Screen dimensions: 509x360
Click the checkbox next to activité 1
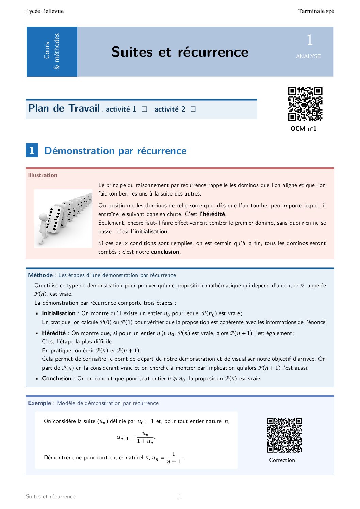tap(144, 109)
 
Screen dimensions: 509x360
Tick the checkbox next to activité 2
tap(193, 109)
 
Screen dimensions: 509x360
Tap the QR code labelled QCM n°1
tap(305, 104)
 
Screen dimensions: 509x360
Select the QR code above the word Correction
tap(284, 435)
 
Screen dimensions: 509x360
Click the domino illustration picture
tap(63, 218)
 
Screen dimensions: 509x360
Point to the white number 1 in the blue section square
tap(32, 150)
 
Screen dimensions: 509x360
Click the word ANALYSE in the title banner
tap(308, 56)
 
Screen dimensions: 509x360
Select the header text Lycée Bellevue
tap(45, 11)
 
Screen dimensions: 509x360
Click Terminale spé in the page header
tap(316, 11)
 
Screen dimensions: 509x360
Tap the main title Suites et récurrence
tap(180, 52)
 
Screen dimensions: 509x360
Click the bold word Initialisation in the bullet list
tap(59, 313)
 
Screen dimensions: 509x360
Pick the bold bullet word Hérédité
tap(54, 333)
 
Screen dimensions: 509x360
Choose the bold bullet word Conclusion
tap(56, 378)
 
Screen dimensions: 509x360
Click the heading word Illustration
tap(43, 175)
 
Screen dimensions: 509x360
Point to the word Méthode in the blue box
tap(40, 275)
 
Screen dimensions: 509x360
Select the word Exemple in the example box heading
tap(39, 403)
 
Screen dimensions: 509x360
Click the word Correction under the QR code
tap(282, 460)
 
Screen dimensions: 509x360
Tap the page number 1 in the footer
tap(180, 496)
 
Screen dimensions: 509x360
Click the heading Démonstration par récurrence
tap(115, 151)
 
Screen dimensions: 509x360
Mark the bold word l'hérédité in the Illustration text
tap(212, 214)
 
